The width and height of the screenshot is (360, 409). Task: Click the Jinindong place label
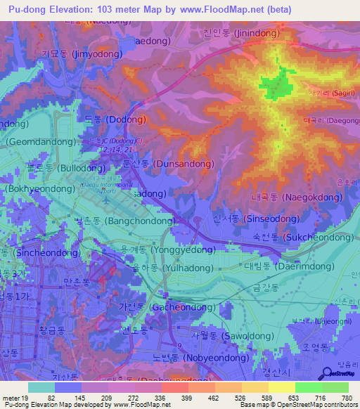(x=240, y=33)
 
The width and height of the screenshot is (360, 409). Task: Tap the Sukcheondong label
(x=303, y=238)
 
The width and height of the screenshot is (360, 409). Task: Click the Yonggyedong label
(x=167, y=249)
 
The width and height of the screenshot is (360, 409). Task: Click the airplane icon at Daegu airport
(x=105, y=200)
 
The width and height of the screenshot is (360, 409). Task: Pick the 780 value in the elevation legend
(x=345, y=398)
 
